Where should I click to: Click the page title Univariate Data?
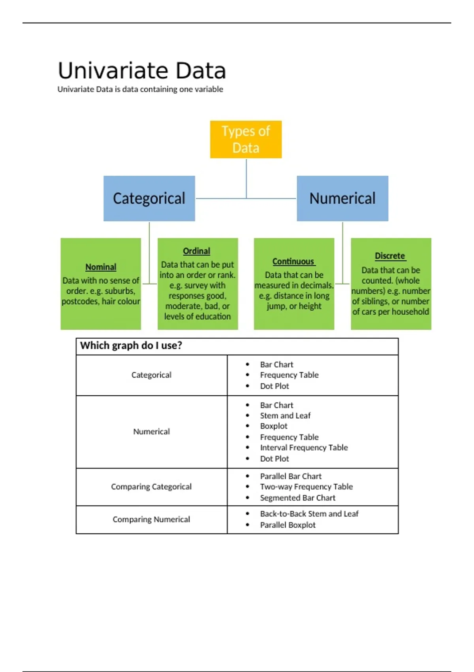coord(142,71)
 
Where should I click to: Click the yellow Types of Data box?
coord(246,140)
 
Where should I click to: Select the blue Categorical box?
coord(149,198)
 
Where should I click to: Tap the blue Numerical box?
coord(342,198)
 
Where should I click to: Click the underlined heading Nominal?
coord(101,267)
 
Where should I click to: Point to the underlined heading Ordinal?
coord(196,251)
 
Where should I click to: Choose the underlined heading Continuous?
coord(293,262)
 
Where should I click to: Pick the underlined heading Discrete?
coord(390,256)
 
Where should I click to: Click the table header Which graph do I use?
coord(131,346)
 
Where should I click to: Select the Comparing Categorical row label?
coord(151,487)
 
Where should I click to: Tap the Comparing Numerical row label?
coord(151,519)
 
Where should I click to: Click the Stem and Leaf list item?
coord(285,416)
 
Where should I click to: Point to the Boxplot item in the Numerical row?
coord(274,426)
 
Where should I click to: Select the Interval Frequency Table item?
coord(304,448)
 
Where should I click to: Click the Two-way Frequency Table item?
coord(306,487)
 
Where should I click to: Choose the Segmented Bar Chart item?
coord(297,498)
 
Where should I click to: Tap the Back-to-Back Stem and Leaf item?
coord(309,514)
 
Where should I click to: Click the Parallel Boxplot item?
coord(288,525)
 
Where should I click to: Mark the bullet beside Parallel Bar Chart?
coord(248,476)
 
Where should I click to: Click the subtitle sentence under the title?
coord(140,89)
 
